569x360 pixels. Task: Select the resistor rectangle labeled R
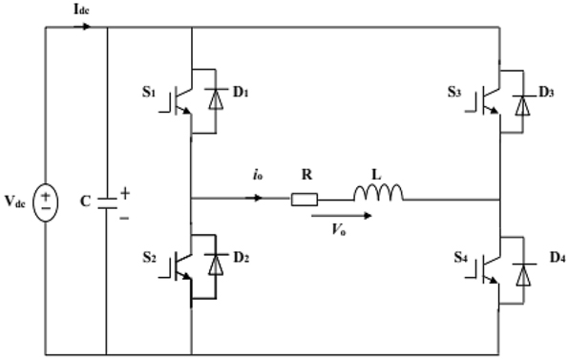coord(305,200)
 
